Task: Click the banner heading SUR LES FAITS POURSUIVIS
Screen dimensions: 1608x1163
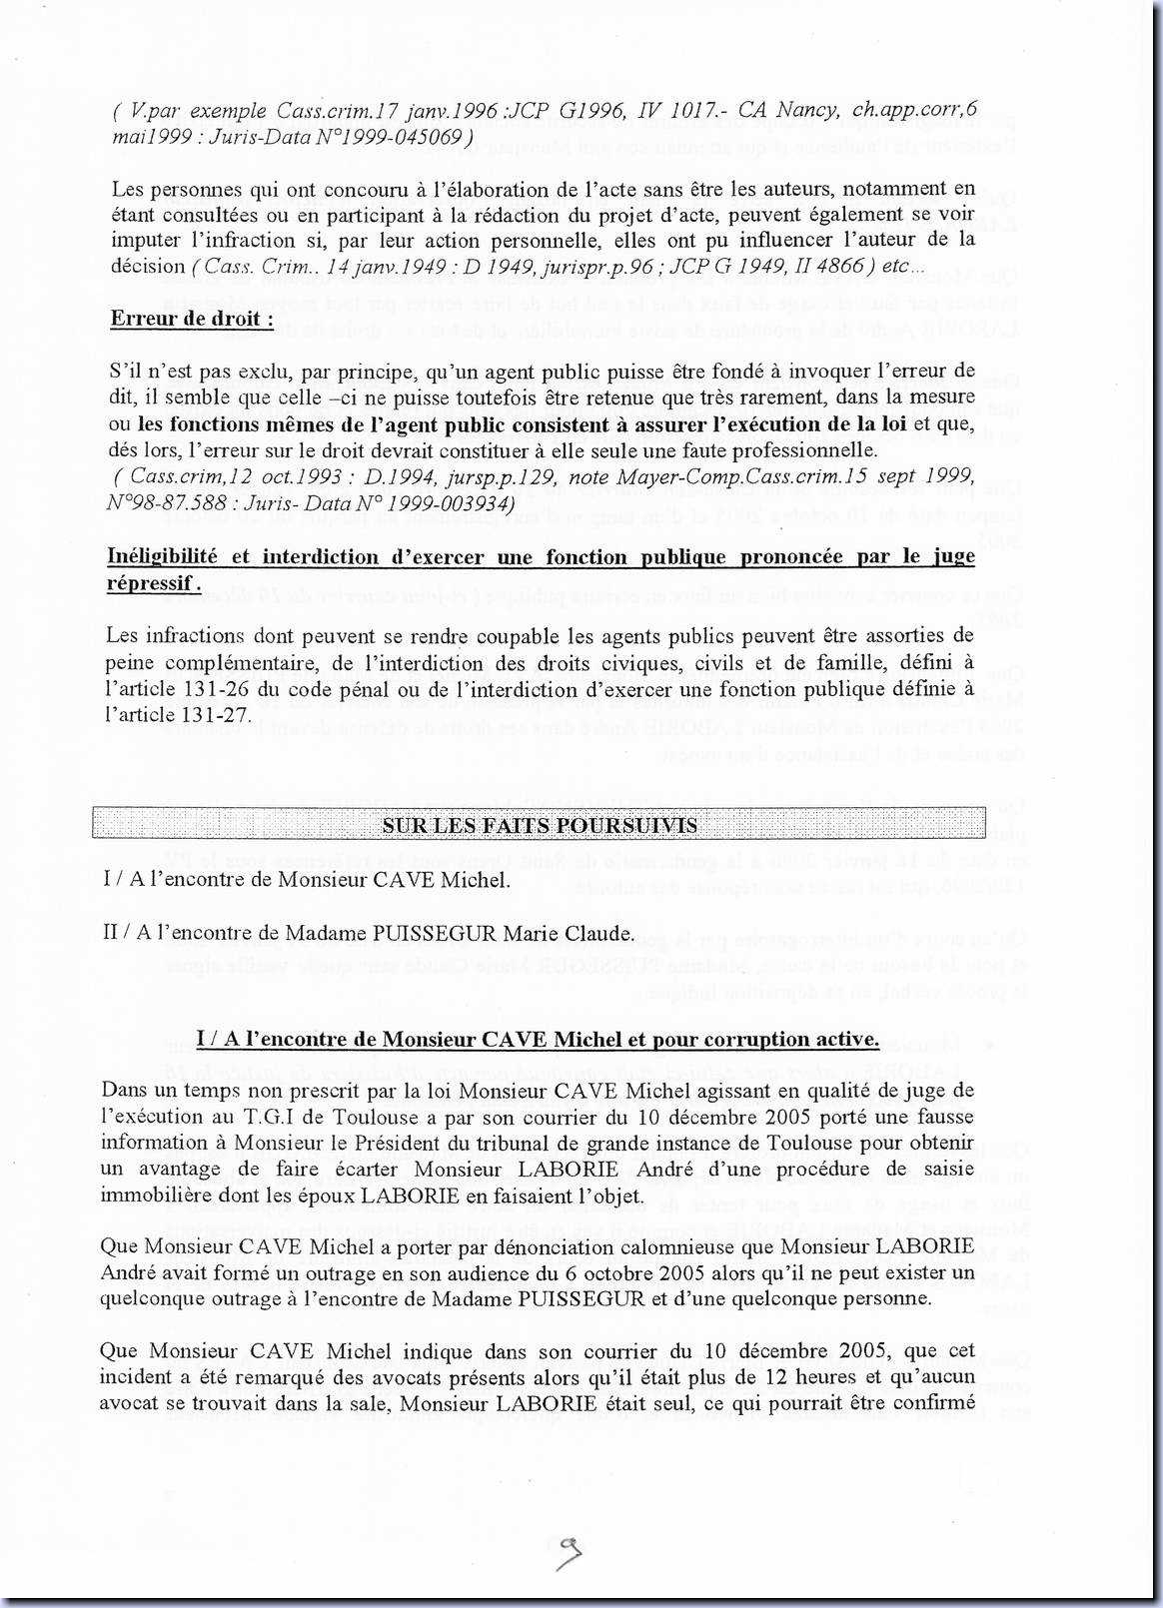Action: click(x=540, y=825)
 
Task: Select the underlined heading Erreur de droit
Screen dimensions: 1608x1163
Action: click(x=192, y=319)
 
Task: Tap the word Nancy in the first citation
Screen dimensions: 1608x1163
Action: click(x=806, y=110)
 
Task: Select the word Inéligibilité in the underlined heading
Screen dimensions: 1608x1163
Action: click(x=159, y=556)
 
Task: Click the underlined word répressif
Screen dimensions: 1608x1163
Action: click(x=150, y=583)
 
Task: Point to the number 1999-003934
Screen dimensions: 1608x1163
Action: click(x=451, y=502)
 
